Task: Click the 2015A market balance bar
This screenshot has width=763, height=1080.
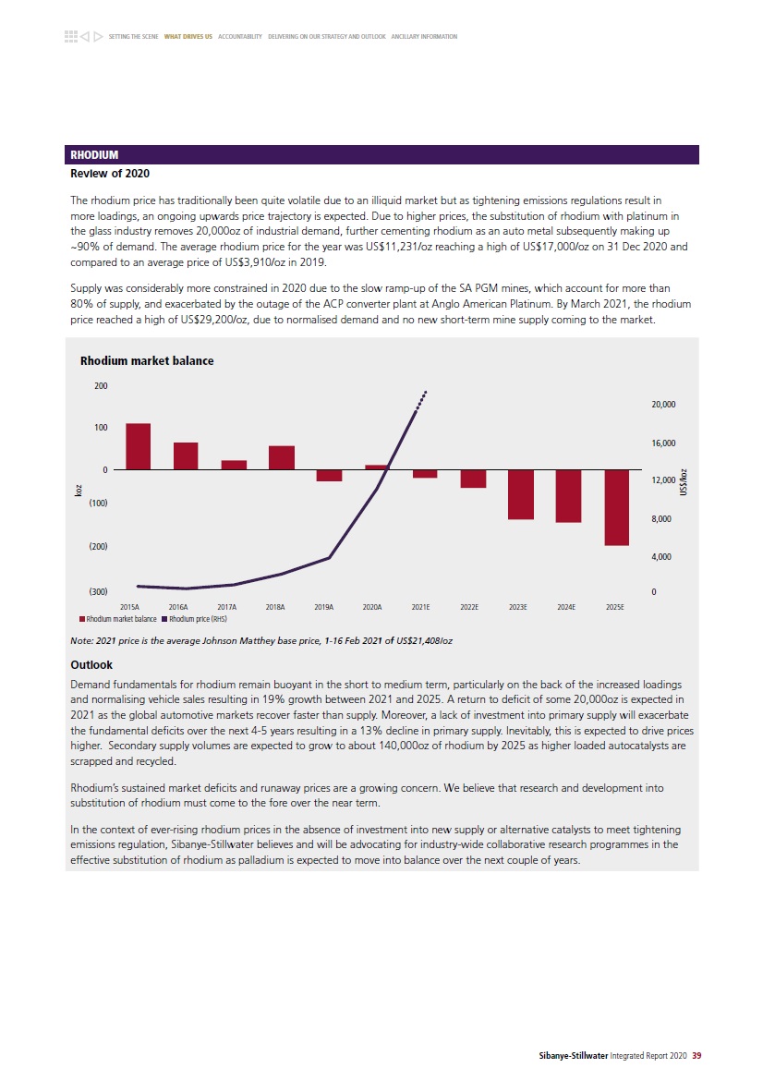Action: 138,446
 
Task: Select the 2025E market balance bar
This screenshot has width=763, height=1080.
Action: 617,507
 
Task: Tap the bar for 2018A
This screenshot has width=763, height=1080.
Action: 282,458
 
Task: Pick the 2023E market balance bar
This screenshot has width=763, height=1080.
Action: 521,494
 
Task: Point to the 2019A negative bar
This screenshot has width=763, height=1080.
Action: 329,475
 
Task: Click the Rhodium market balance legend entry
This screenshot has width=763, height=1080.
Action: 117,618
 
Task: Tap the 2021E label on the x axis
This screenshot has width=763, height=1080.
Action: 420,607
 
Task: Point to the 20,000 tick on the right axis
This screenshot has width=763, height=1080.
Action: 663,405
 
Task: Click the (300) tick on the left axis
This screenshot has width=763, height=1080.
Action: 99,591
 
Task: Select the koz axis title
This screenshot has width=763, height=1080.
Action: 79,490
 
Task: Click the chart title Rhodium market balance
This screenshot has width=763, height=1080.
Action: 147,361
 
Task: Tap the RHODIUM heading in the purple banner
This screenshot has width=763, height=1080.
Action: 94,155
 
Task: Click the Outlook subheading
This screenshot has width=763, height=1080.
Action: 91,664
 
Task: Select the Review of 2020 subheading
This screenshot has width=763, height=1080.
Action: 110,174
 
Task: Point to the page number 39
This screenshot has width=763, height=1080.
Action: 696,1055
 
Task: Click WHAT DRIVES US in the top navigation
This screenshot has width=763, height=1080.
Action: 188,37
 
